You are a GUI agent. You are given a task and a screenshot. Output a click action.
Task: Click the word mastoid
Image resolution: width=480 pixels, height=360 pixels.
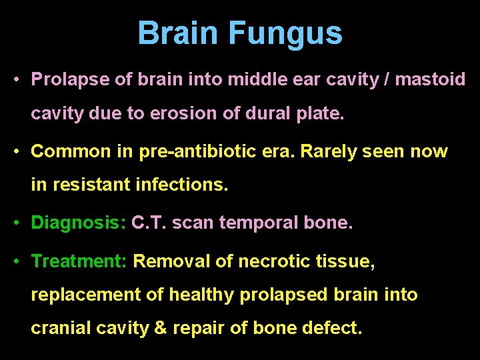tap(431, 80)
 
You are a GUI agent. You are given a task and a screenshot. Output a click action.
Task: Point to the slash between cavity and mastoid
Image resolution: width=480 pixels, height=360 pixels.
tap(386, 80)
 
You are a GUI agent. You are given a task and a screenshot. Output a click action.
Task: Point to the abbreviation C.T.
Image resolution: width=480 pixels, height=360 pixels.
tap(149, 223)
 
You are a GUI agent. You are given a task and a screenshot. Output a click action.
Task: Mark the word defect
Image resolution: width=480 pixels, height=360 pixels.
tap(335, 329)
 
